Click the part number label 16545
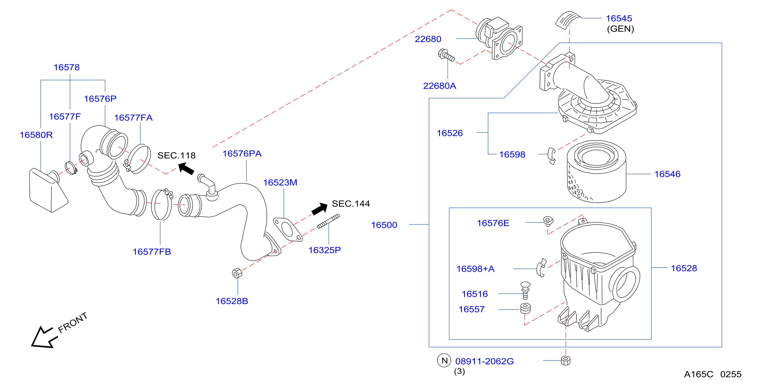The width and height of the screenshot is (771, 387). (619, 18)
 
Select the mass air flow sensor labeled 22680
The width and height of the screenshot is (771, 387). (499, 38)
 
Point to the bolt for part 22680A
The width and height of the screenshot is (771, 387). (446, 55)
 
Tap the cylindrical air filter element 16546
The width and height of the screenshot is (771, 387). (596, 172)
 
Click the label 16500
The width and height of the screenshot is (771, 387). (384, 225)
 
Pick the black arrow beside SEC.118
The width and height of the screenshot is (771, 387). (186, 168)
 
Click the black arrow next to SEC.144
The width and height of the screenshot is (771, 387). (319, 208)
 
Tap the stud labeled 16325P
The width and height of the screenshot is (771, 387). (328, 221)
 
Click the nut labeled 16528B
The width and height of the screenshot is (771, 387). (237, 273)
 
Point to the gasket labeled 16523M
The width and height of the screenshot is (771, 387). (287, 229)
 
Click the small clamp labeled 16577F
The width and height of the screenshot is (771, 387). (71, 168)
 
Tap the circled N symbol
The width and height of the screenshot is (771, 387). (444, 361)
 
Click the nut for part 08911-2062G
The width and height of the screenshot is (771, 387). (565, 361)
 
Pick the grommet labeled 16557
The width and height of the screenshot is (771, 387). (526, 309)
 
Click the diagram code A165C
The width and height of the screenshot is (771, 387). (699, 374)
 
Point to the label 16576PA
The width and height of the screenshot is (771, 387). (242, 154)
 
